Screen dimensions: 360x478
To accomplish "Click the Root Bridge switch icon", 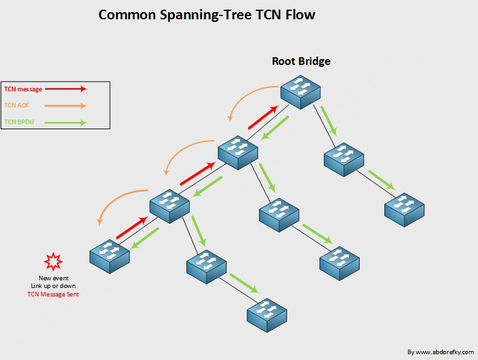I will point(300,90).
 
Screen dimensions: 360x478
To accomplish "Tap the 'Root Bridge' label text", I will point(301,62).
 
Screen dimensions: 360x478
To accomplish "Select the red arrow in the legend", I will point(64,89).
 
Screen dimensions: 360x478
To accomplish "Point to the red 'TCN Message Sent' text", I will point(53,293).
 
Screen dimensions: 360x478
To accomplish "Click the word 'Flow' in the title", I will point(300,14).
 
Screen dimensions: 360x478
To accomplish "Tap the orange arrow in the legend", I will point(64,105).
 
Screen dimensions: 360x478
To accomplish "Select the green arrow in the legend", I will point(64,122).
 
